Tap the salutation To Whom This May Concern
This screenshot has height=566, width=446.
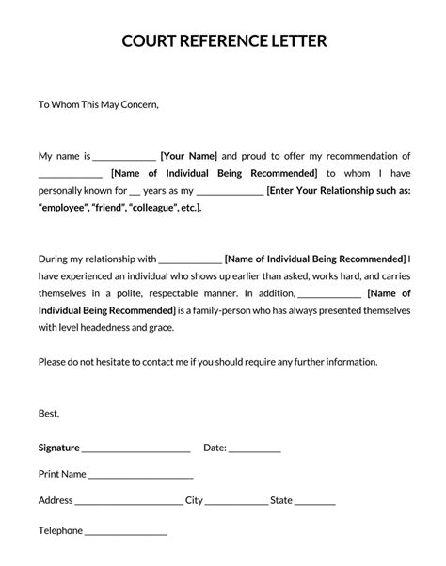99,104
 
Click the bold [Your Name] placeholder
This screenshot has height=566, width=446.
189,156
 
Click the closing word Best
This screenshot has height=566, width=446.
49,413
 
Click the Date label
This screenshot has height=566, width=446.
215,448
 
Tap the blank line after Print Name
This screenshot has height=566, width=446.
141,477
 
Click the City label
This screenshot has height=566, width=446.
194,500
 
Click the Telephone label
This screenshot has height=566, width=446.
60,530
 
